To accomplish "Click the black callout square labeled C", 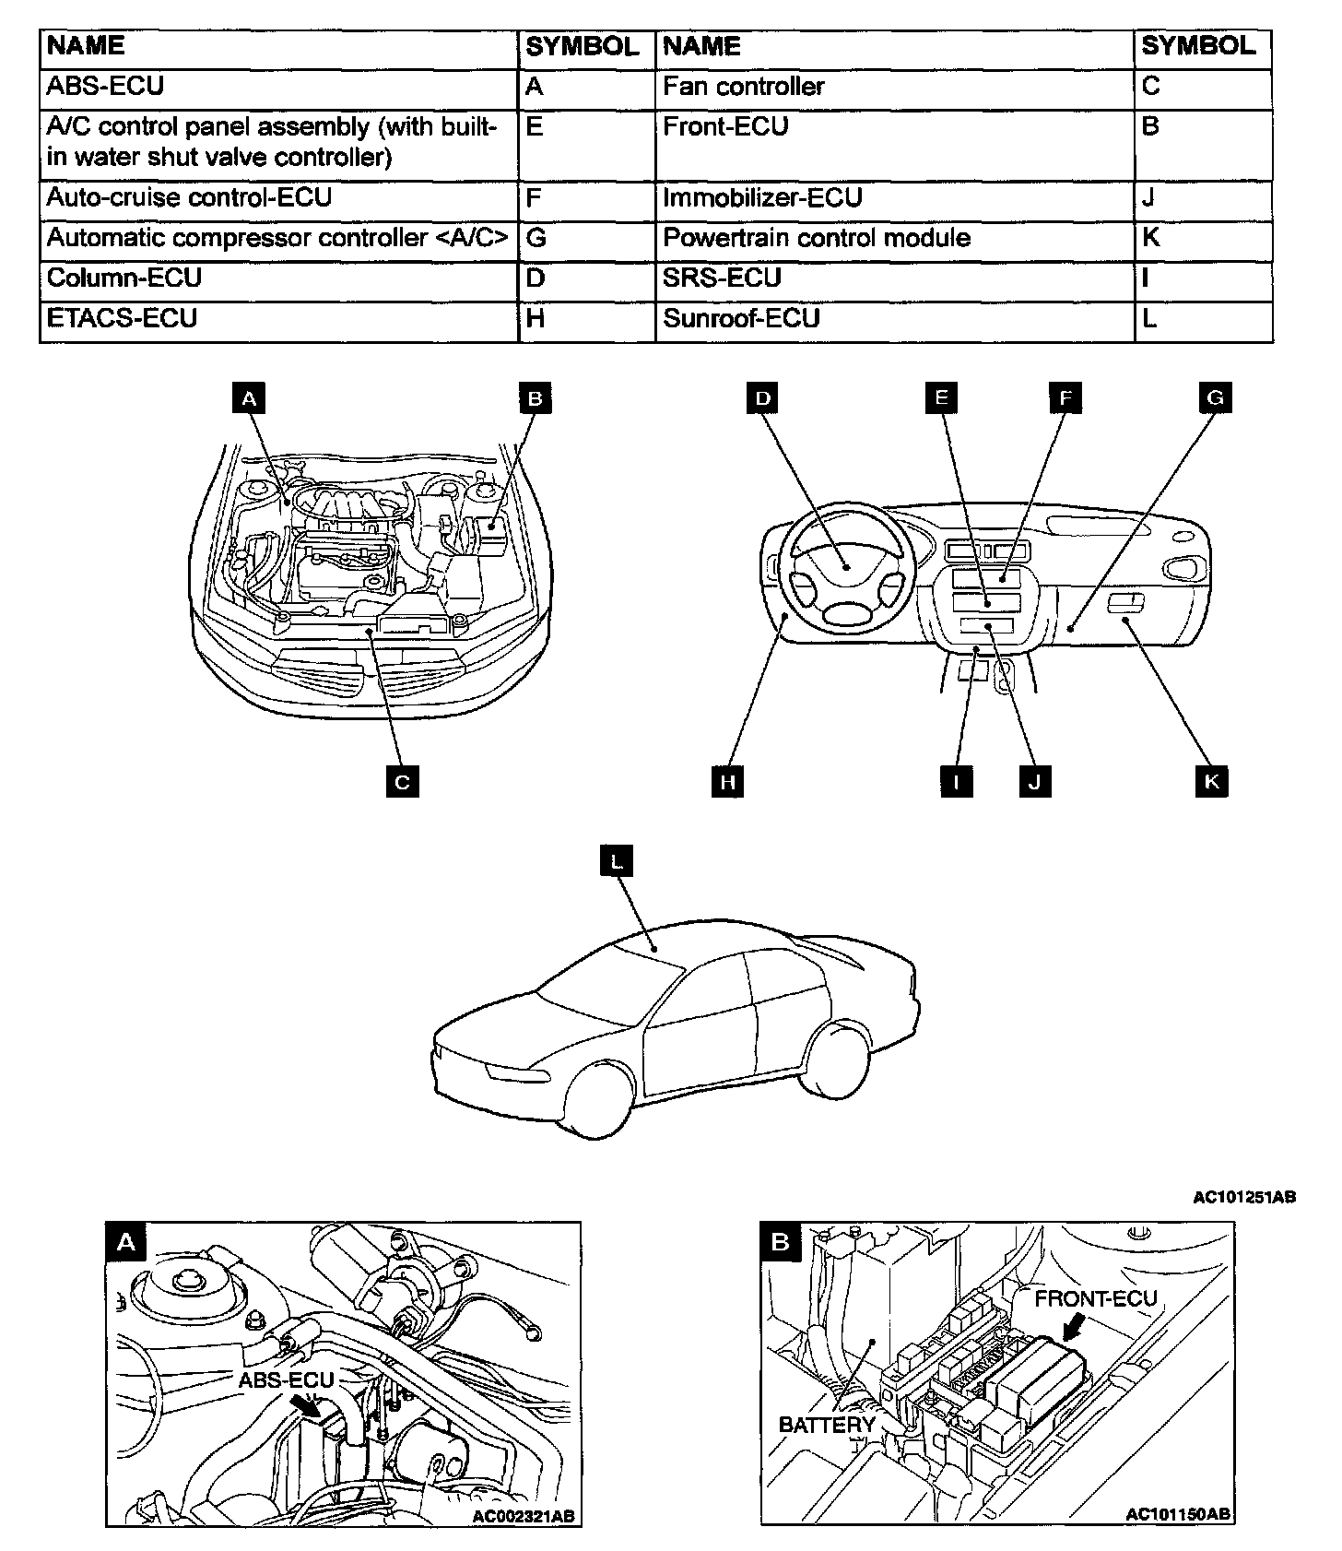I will (402, 782).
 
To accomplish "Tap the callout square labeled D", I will (762, 397).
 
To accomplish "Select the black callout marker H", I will (727, 782).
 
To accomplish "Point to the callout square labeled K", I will (1211, 782).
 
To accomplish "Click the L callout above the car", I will (617, 860).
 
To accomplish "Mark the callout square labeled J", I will (1034, 782).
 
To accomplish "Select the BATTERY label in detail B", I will (826, 1425).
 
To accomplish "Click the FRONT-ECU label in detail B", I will (1095, 1299).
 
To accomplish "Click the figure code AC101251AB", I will (1244, 1198).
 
